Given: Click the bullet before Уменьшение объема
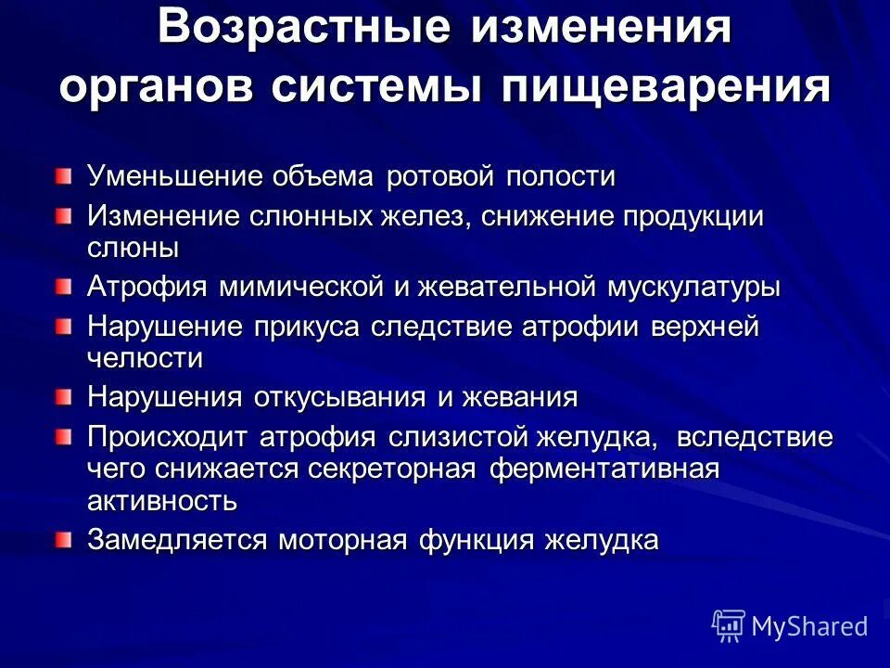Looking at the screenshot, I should click(x=62, y=174).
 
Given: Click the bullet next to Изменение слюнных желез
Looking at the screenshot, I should click(x=62, y=216).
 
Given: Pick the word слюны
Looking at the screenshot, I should click(x=133, y=248).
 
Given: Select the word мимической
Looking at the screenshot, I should click(x=302, y=287).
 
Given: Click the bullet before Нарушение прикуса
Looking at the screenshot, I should click(x=62, y=327).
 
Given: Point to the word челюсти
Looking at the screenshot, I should click(x=146, y=357).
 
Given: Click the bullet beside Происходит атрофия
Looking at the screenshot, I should click(x=62, y=437).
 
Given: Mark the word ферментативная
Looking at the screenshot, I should click(x=604, y=469).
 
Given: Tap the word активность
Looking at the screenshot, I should click(x=162, y=501).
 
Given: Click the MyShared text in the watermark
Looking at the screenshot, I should click(x=809, y=626).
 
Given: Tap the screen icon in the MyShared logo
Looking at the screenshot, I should click(x=729, y=626).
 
